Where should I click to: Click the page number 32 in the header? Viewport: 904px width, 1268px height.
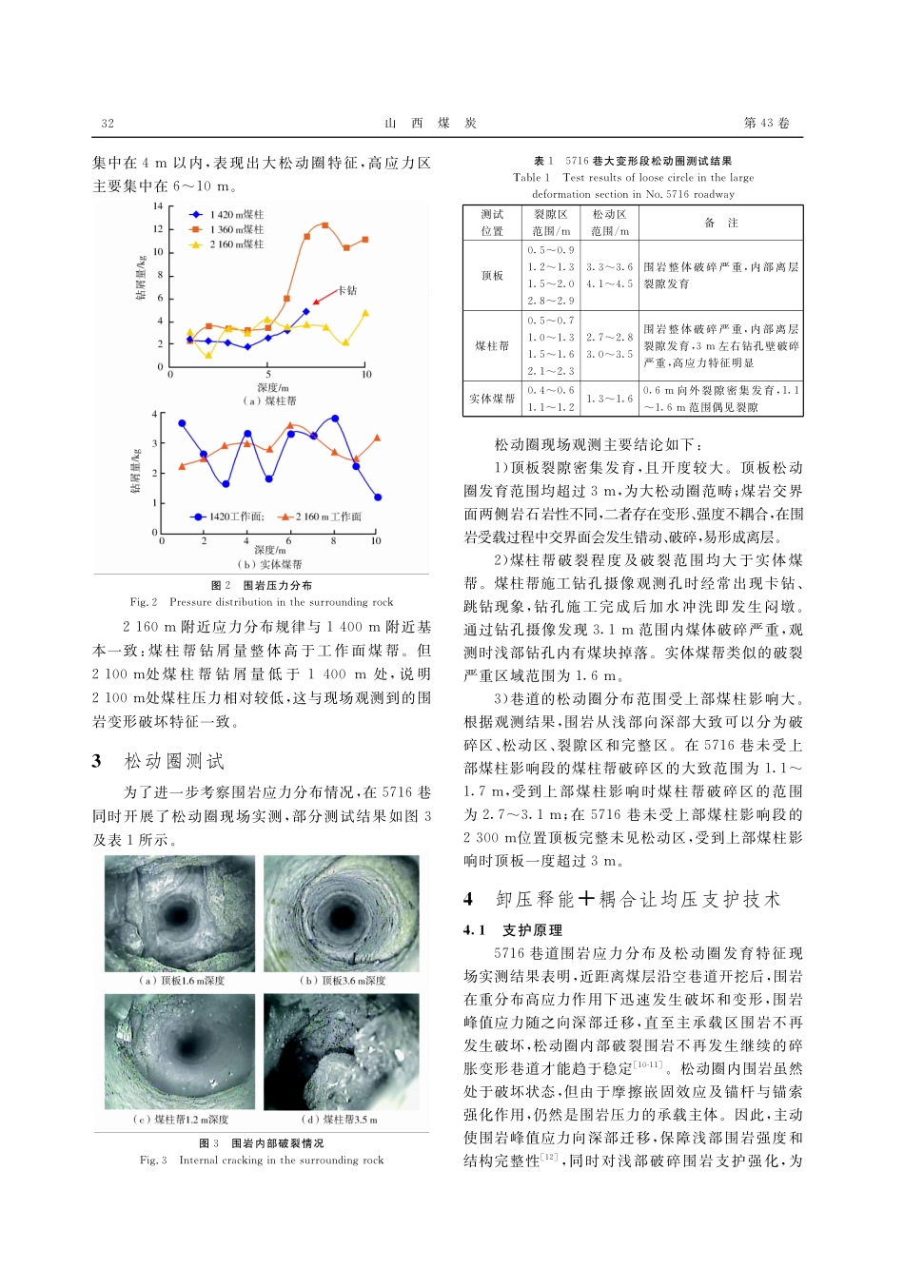tap(108, 123)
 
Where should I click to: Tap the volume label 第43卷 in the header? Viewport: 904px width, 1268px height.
tap(766, 123)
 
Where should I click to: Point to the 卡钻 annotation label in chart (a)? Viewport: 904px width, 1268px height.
tap(347, 290)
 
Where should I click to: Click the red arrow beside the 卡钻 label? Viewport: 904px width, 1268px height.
tap(324, 294)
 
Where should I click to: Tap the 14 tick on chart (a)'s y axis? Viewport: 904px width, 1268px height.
tap(158, 206)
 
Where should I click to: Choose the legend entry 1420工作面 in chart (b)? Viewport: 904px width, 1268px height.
tap(228, 517)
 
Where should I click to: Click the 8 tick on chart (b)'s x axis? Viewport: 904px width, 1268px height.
tap(333, 540)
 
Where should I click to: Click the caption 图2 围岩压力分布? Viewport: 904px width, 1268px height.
tap(262, 586)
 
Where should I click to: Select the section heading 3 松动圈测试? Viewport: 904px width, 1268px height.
tap(159, 761)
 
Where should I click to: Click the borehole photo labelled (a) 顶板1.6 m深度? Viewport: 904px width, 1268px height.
tap(180, 916)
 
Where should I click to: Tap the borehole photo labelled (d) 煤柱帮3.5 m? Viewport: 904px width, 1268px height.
tap(341, 1051)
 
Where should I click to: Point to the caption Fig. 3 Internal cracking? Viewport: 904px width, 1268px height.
tap(262, 1160)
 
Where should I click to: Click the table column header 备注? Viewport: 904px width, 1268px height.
tap(720, 223)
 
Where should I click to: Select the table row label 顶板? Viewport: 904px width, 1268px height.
tap(492, 276)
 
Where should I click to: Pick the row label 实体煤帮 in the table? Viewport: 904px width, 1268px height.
tap(492, 399)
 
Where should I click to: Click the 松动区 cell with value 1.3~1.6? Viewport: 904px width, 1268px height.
tap(609, 399)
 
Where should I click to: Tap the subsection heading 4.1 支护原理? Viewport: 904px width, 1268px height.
tap(513, 930)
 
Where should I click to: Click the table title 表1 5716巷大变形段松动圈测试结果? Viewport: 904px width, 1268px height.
tap(633, 161)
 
